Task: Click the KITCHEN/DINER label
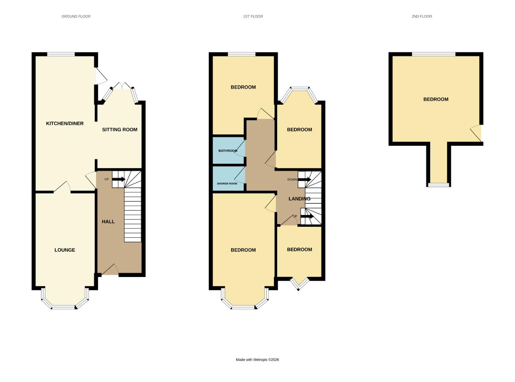[65, 123]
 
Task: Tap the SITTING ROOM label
[120, 129]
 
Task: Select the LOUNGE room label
[65, 250]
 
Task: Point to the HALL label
[108, 222]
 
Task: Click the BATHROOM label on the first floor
[228, 151]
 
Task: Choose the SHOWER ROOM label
[227, 184]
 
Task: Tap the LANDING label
[299, 199]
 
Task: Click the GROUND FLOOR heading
[76, 16]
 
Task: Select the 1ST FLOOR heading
[253, 16]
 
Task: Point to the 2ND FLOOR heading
[422, 16]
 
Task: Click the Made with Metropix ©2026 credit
[257, 360]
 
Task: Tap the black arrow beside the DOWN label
[305, 180]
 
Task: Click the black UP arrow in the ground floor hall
[119, 179]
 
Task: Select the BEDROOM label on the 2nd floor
[436, 99]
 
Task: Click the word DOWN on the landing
[292, 180]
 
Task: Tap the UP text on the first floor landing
[295, 216]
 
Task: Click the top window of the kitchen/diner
[61, 54]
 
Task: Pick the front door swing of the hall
[110, 270]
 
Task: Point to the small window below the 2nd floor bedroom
[439, 185]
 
